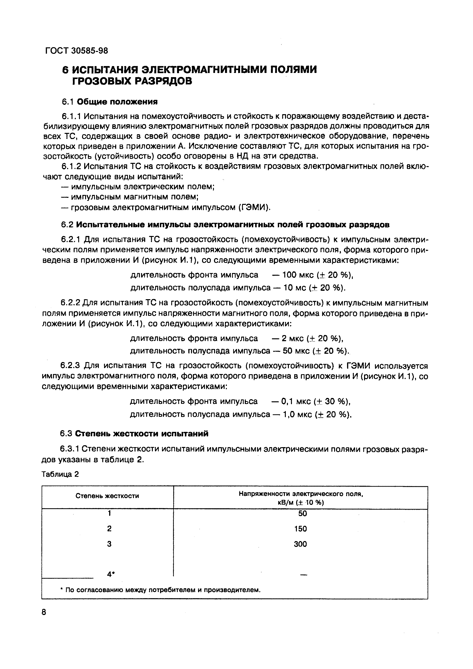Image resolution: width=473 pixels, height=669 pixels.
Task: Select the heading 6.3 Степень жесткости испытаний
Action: coord(134,434)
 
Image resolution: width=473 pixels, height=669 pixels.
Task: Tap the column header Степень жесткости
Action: coord(107,496)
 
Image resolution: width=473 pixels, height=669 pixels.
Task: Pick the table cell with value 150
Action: coord(300,528)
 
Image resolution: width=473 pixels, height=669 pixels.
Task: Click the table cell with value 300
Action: coord(300,544)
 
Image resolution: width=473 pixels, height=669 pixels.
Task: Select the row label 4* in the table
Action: coord(110,574)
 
